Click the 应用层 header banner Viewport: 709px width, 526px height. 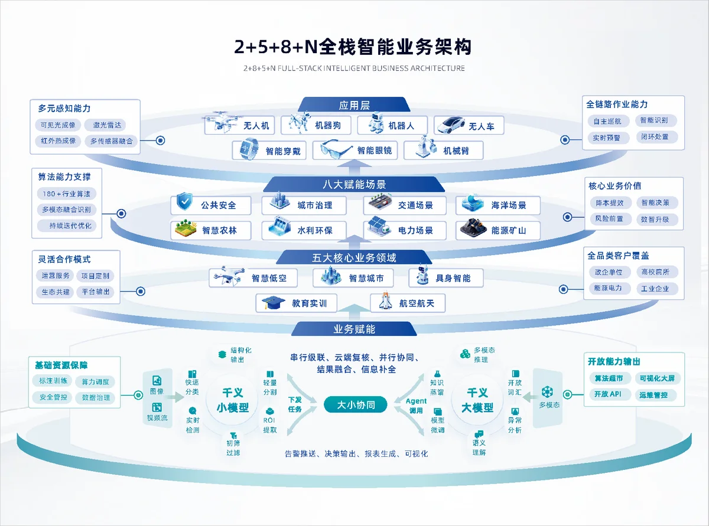[354, 104]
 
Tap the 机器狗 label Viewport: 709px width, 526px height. [328, 126]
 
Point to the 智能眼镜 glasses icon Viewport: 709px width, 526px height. [336, 149]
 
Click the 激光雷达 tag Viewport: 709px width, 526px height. [108, 125]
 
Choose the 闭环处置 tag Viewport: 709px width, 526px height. [655, 137]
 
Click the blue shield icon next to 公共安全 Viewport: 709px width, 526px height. [184, 201]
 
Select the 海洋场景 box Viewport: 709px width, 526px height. [497, 205]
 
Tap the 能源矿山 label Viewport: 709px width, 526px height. [509, 230]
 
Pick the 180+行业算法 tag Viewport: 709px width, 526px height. [67, 194]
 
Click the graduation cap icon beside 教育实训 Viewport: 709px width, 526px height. [272, 302]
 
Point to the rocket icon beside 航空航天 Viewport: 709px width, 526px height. [385, 300]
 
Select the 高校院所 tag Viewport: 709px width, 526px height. [655, 272]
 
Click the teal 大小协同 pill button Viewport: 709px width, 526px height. [356, 404]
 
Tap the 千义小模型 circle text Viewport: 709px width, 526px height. [232, 400]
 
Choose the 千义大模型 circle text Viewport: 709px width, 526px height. [477, 400]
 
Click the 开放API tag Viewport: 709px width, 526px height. [607, 394]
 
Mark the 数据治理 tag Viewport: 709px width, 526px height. [96, 398]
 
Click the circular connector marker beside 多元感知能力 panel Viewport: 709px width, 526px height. [160, 141]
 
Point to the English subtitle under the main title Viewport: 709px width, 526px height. [354, 68]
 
